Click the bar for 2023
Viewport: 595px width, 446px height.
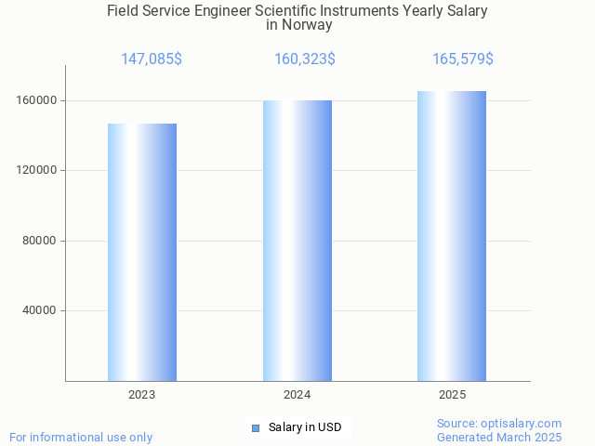click(x=142, y=252)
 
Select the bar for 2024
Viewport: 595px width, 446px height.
click(x=297, y=241)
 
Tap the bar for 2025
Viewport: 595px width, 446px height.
click(x=452, y=236)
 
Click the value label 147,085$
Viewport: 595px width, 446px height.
click(x=152, y=59)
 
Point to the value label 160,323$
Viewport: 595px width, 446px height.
click(x=305, y=59)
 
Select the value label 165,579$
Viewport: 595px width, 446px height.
click(x=463, y=59)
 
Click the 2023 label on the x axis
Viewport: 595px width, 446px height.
click(x=142, y=395)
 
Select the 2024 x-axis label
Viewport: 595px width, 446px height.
click(x=297, y=395)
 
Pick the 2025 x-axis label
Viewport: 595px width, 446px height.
click(x=453, y=395)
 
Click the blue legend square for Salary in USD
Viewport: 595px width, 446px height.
click(x=256, y=427)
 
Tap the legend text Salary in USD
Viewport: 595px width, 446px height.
click(x=305, y=427)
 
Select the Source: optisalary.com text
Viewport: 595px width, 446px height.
click(x=499, y=423)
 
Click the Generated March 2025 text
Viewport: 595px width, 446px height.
click(x=499, y=437)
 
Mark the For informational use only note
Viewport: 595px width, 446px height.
click(x=81, y=437)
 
